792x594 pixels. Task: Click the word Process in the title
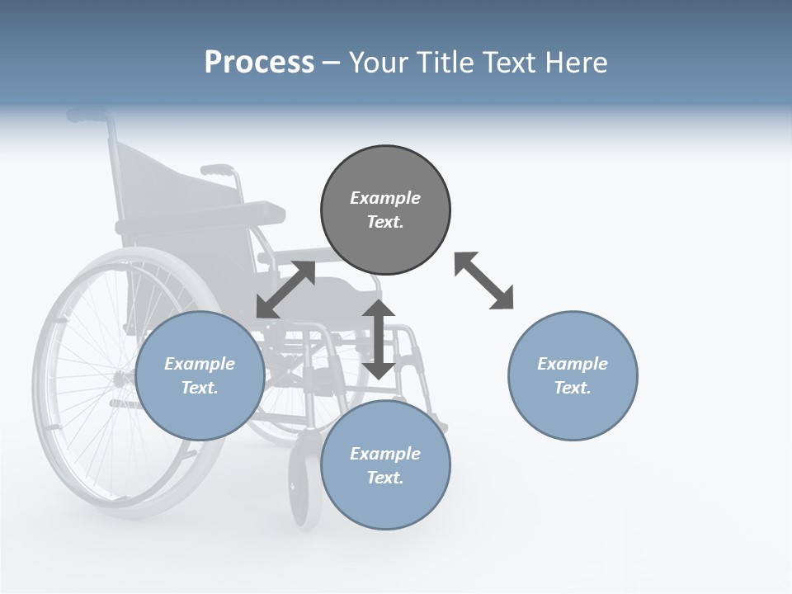coord(259,63)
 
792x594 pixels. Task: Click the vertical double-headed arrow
coord(379,339)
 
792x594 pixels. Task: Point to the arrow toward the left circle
coord(285,290)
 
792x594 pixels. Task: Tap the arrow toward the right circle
coord(484,280)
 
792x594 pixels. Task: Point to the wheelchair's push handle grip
coord(87,115)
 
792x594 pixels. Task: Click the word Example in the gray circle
coord(385,198)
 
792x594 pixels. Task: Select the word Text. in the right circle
coord(573,388)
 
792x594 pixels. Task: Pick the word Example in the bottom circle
coord(385,454)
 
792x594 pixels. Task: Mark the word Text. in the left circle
coord(200,388)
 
